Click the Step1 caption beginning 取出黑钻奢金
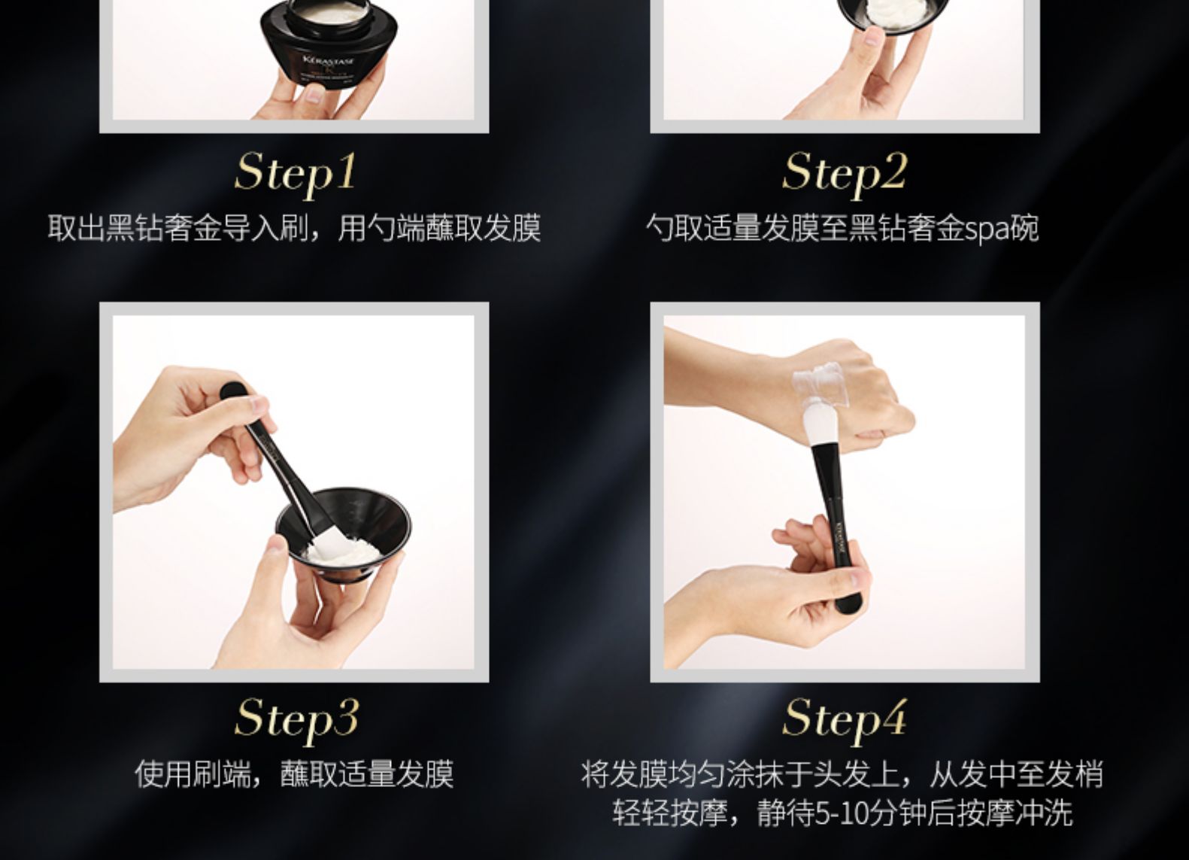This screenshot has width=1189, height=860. coord(295,229)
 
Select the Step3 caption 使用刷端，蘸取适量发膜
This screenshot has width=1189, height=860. coord(295,774)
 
